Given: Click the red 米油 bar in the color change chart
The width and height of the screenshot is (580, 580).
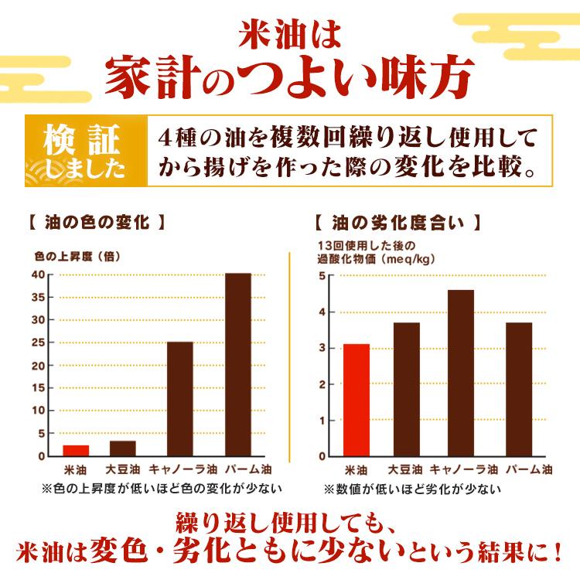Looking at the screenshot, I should [x=76, y=450].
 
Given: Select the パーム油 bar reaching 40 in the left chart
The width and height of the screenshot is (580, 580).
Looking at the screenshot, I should [x=238, y=364].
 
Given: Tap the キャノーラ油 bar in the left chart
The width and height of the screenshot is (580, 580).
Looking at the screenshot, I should [x=180, y=398].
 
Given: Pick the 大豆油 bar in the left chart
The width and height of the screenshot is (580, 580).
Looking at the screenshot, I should [x=123, y=448].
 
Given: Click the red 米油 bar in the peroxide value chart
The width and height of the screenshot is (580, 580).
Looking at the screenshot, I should [x=357, y=400].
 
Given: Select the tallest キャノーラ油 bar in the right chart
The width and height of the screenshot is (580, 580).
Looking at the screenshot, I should [x=461, y=373].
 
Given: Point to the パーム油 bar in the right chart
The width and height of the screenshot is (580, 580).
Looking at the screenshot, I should [x=518, y=389].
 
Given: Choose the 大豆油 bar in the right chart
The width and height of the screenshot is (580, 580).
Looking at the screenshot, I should [x=407, y=389].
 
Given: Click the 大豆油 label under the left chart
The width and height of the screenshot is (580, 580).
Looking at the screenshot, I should [x=123, y=469].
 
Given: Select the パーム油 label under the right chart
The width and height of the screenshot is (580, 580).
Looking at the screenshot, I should [x=530, y=469].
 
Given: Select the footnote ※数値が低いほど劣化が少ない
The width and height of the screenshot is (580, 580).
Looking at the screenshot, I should [x=411, y=489].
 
